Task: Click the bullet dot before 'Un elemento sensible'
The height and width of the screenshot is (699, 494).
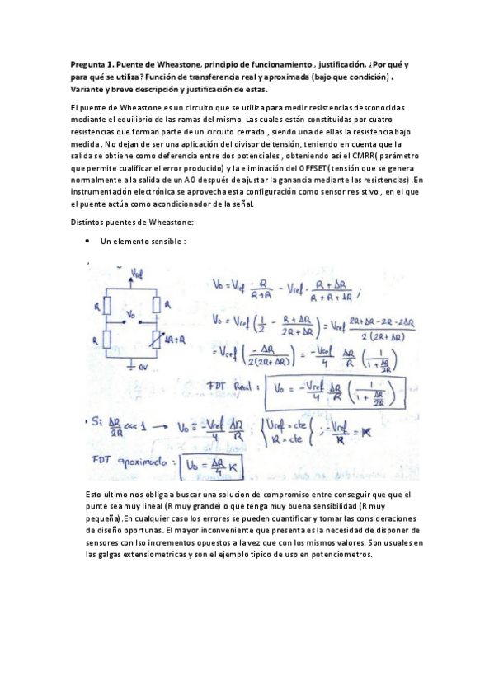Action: (x=87, y=242)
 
